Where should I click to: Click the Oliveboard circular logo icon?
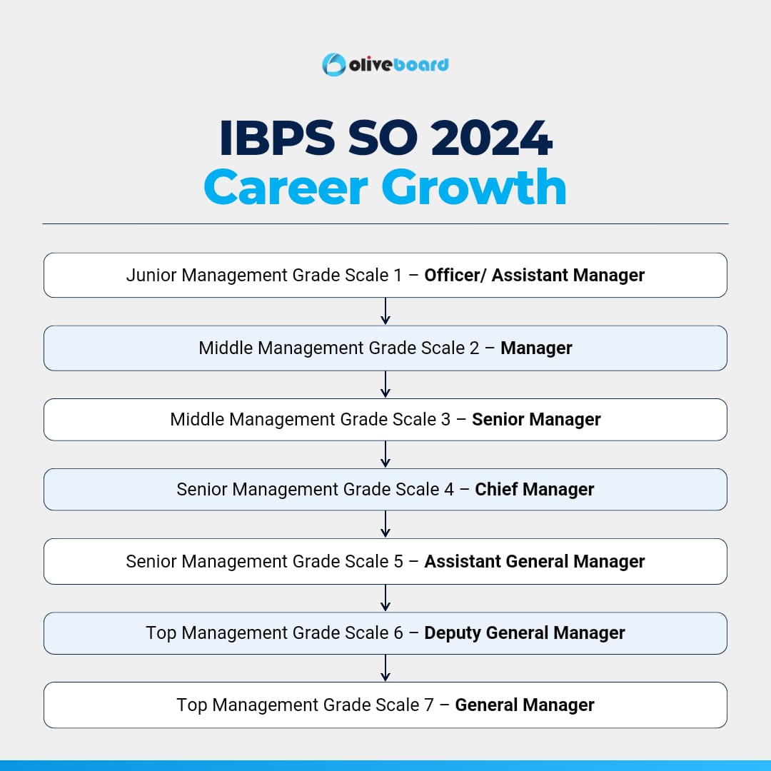(334, 64)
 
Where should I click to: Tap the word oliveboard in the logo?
(399, 65)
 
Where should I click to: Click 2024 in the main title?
(492, 138)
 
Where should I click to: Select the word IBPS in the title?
(277, 138)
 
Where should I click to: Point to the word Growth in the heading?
(474, 187)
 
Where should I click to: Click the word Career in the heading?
(286, 187)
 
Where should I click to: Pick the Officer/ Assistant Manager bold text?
(535, 276)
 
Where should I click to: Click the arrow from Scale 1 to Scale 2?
(385, 311)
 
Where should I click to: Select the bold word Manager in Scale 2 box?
(536, 348)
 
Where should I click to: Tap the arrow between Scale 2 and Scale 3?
(385, 384)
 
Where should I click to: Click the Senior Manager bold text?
(536, 420)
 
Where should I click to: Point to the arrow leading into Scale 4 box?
(385, 454)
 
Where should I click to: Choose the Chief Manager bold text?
(535, 489)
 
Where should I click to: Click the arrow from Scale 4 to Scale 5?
(385, 524)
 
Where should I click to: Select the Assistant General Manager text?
(535, 562)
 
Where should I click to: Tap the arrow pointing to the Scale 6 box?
(385, 598)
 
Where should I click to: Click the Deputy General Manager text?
(525, 633)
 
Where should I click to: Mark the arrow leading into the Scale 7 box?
(385, 667)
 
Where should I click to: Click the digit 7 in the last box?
(429, 705)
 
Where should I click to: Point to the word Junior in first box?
(151, 276)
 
